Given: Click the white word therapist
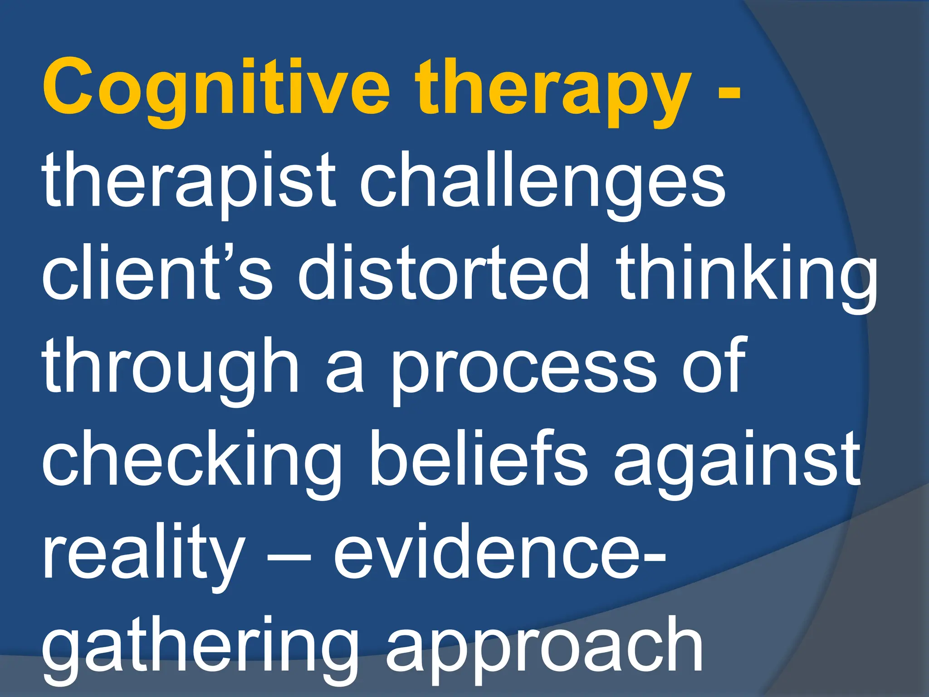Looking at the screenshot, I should [x=188, y=184].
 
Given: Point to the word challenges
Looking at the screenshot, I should [x=542, y=184].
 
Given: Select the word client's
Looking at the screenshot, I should [x=156, y=275].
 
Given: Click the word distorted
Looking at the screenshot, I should [x=442, y=275].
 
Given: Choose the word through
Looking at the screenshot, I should [x=170, y=370].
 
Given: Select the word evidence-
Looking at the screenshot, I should [x=499, y=554].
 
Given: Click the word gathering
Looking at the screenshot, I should [x=200, y=649].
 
